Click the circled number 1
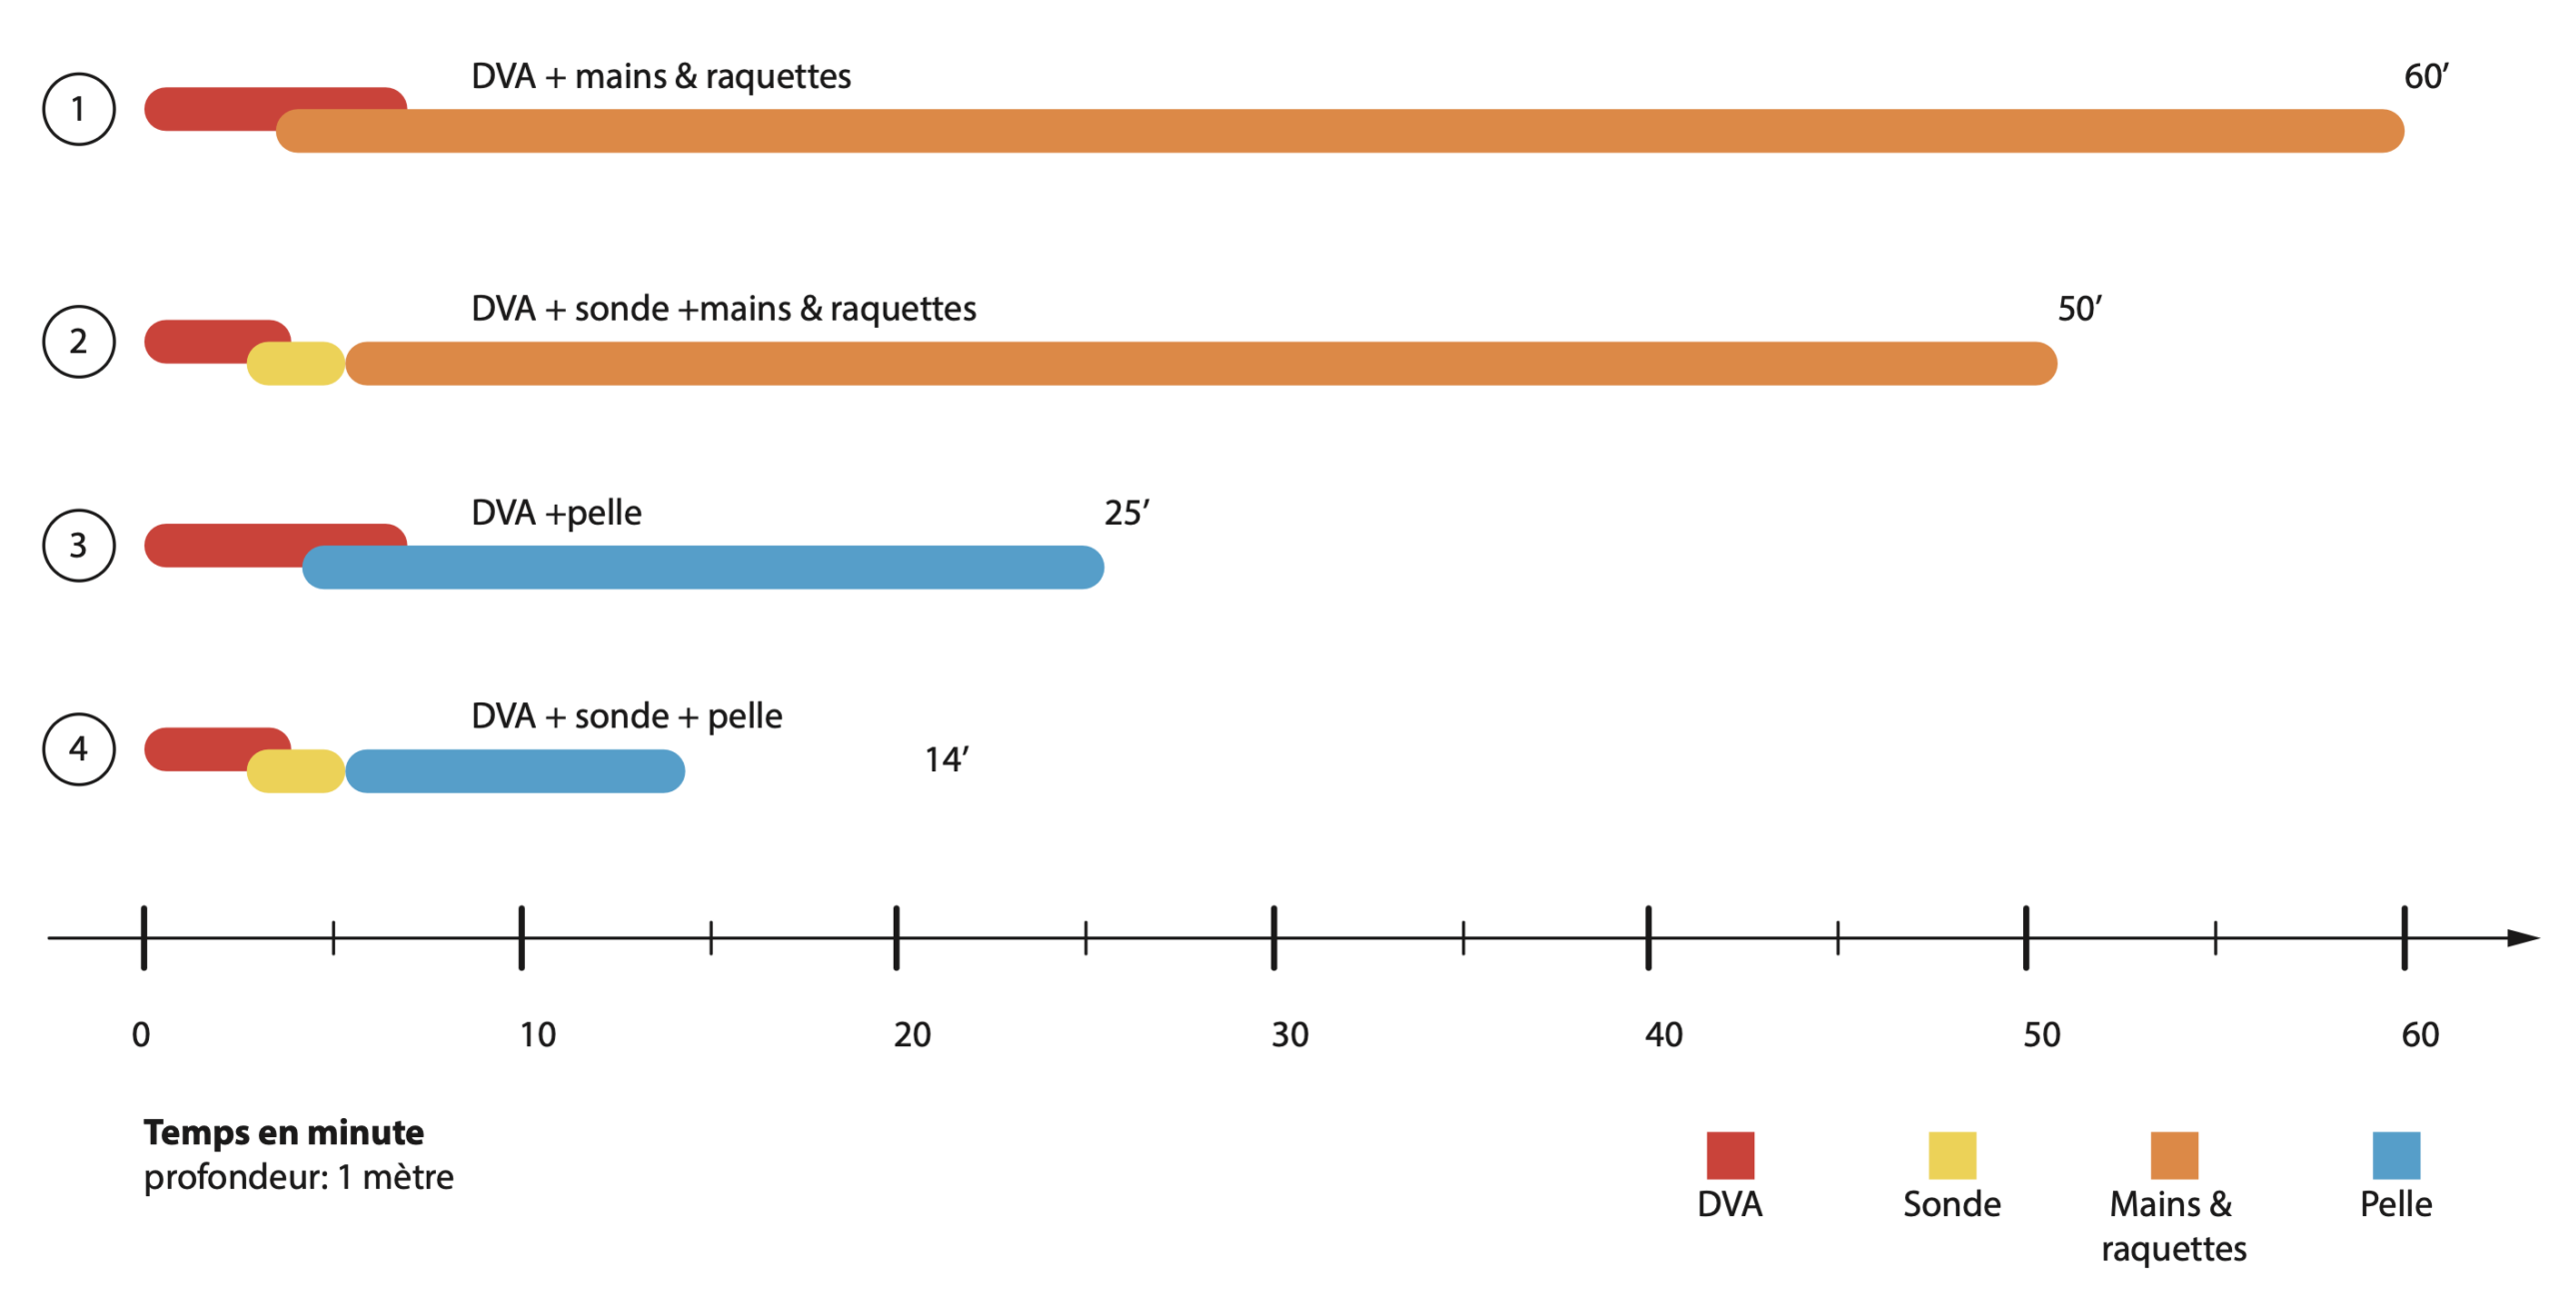point(78,109)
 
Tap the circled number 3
point(78,545)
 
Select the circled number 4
point(78,748)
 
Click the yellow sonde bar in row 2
point(296,364)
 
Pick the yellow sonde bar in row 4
point(296,770)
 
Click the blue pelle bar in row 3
point(702,567)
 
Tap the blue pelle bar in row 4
point(514,770)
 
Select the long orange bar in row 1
point(1339,131)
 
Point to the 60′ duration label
point(2425,77)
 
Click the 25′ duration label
point(1126,513)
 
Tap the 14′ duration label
point(946,759)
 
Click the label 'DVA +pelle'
point(556,513)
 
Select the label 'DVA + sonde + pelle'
point(626,716)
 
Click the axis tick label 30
point(1288,1034)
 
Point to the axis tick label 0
point(141,1034)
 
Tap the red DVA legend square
point(1729,1155)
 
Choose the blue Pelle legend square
point(2395,1155)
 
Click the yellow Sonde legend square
point(1951,1155)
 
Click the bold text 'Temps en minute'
point(283,1132)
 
